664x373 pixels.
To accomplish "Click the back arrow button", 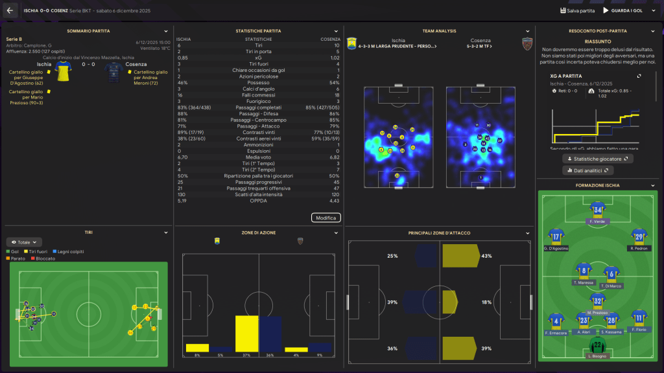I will (10, 10).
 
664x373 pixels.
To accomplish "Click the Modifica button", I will (326, 218).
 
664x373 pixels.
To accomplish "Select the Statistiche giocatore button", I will (597, 158).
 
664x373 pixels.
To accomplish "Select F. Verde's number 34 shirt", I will (597, 209).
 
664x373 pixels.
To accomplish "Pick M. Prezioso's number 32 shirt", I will (597, 300).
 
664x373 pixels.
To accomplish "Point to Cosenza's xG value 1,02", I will (335, 58).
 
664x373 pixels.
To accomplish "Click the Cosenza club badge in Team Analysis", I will (527, 43).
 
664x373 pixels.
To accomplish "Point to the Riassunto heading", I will (597, 41).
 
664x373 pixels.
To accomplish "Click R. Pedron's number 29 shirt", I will (639, 235).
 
